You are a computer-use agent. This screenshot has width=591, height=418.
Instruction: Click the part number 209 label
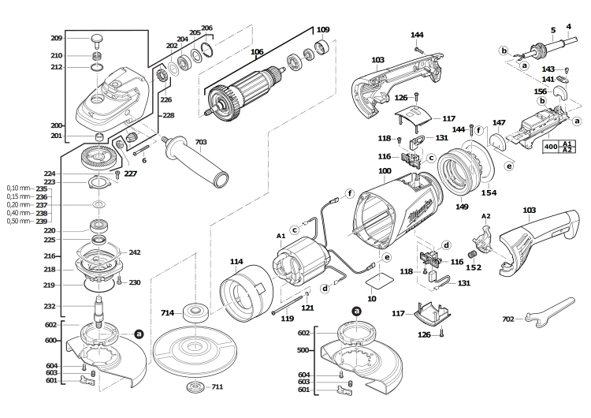coord(56,39)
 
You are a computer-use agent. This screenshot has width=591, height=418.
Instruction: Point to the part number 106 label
coord(257,53)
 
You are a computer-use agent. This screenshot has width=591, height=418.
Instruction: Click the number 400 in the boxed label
coord(551,147)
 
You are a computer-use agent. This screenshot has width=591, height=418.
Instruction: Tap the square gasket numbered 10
coord(385,279)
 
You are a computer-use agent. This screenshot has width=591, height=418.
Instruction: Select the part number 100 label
coord(385,171)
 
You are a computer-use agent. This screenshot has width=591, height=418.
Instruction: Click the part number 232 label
coord(50,306)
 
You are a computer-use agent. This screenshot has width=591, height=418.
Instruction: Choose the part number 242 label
coord(134,253)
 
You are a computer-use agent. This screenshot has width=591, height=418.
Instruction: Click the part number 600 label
coord(50,340)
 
